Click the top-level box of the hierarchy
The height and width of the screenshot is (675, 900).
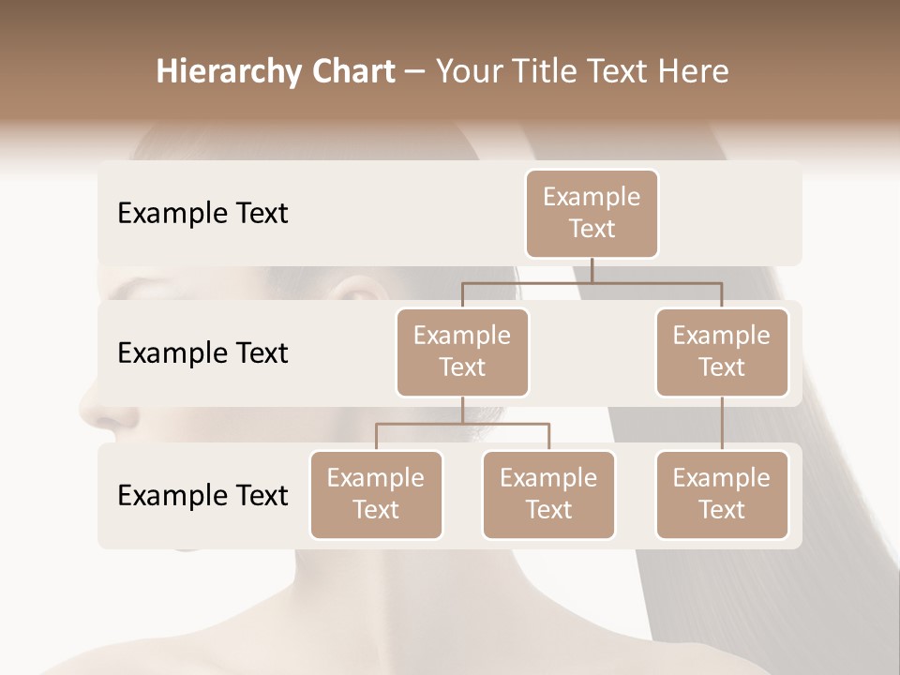pyautogui.click(x=592, y=213)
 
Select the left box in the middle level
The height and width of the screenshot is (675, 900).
pyautogui.click(x=462, y=352)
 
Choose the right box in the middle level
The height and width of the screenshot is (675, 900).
pyautogui.click(x=722, y=352)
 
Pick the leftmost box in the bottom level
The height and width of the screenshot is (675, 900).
pyautogui.click(x=376, y=494)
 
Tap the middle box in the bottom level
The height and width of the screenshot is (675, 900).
pyautogui.click(x=548, y=494)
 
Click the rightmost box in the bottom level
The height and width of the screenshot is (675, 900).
pyautogui.click(x=722, y=494)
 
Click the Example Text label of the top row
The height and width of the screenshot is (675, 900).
pyautogui.click(x=202, y=214)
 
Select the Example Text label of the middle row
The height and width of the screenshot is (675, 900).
pyautogui.click(x=202, y=353)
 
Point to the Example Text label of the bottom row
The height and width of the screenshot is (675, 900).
pyautogui.click(x=202, y=495)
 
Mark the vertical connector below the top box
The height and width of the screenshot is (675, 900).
pyautogui.click(x=592, y=270)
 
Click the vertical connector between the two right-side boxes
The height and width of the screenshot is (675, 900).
pyautogui.click(x=722, y=424)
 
